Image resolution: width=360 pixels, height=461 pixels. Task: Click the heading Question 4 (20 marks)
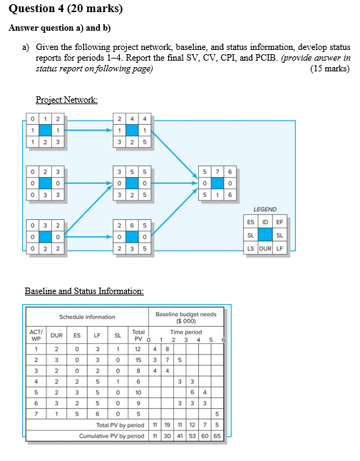pos(65,9)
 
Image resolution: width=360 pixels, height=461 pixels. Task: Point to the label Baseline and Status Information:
pos(84,290)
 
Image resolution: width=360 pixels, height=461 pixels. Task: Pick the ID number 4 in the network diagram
pos(132,118)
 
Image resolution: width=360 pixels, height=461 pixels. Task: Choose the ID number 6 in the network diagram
pos(132,225)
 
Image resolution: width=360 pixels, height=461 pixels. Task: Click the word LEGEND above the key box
pos(264,209)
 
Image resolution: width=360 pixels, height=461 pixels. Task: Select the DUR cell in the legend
pos(265,248)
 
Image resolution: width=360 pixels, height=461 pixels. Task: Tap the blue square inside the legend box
pos(265,235)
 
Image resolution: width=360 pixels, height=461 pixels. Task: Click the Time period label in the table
pos(185,332)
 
